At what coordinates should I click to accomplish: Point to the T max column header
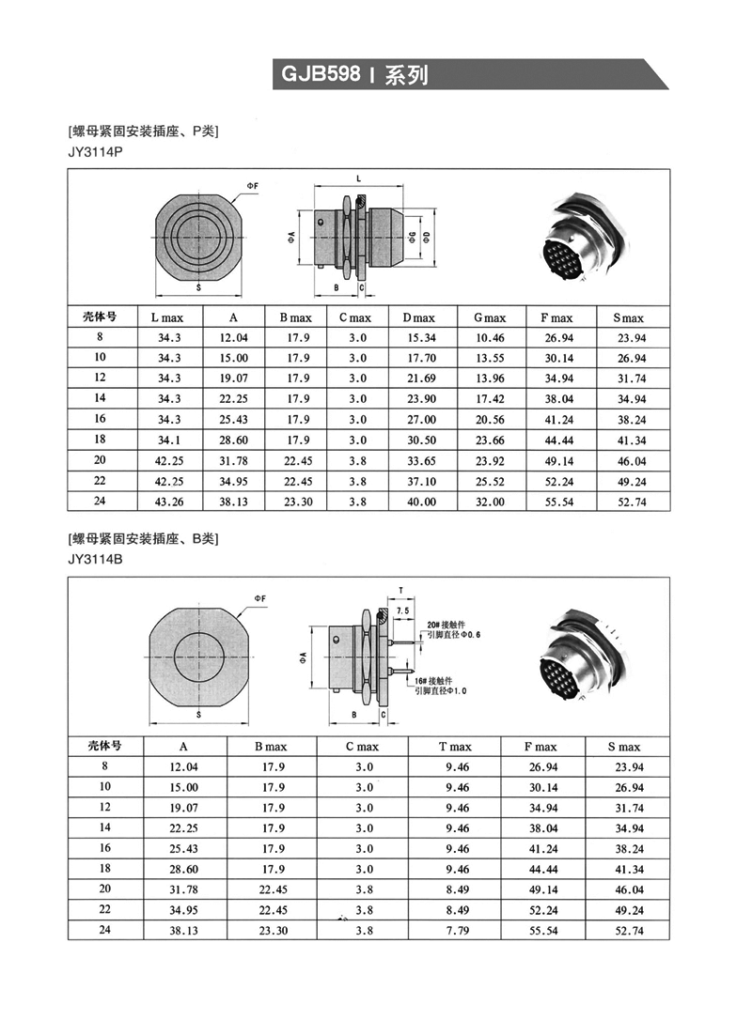tap(455, 747)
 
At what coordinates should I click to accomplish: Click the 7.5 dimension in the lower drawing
tap(403, 610)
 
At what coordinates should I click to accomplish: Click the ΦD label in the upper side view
tap(429, 235)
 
